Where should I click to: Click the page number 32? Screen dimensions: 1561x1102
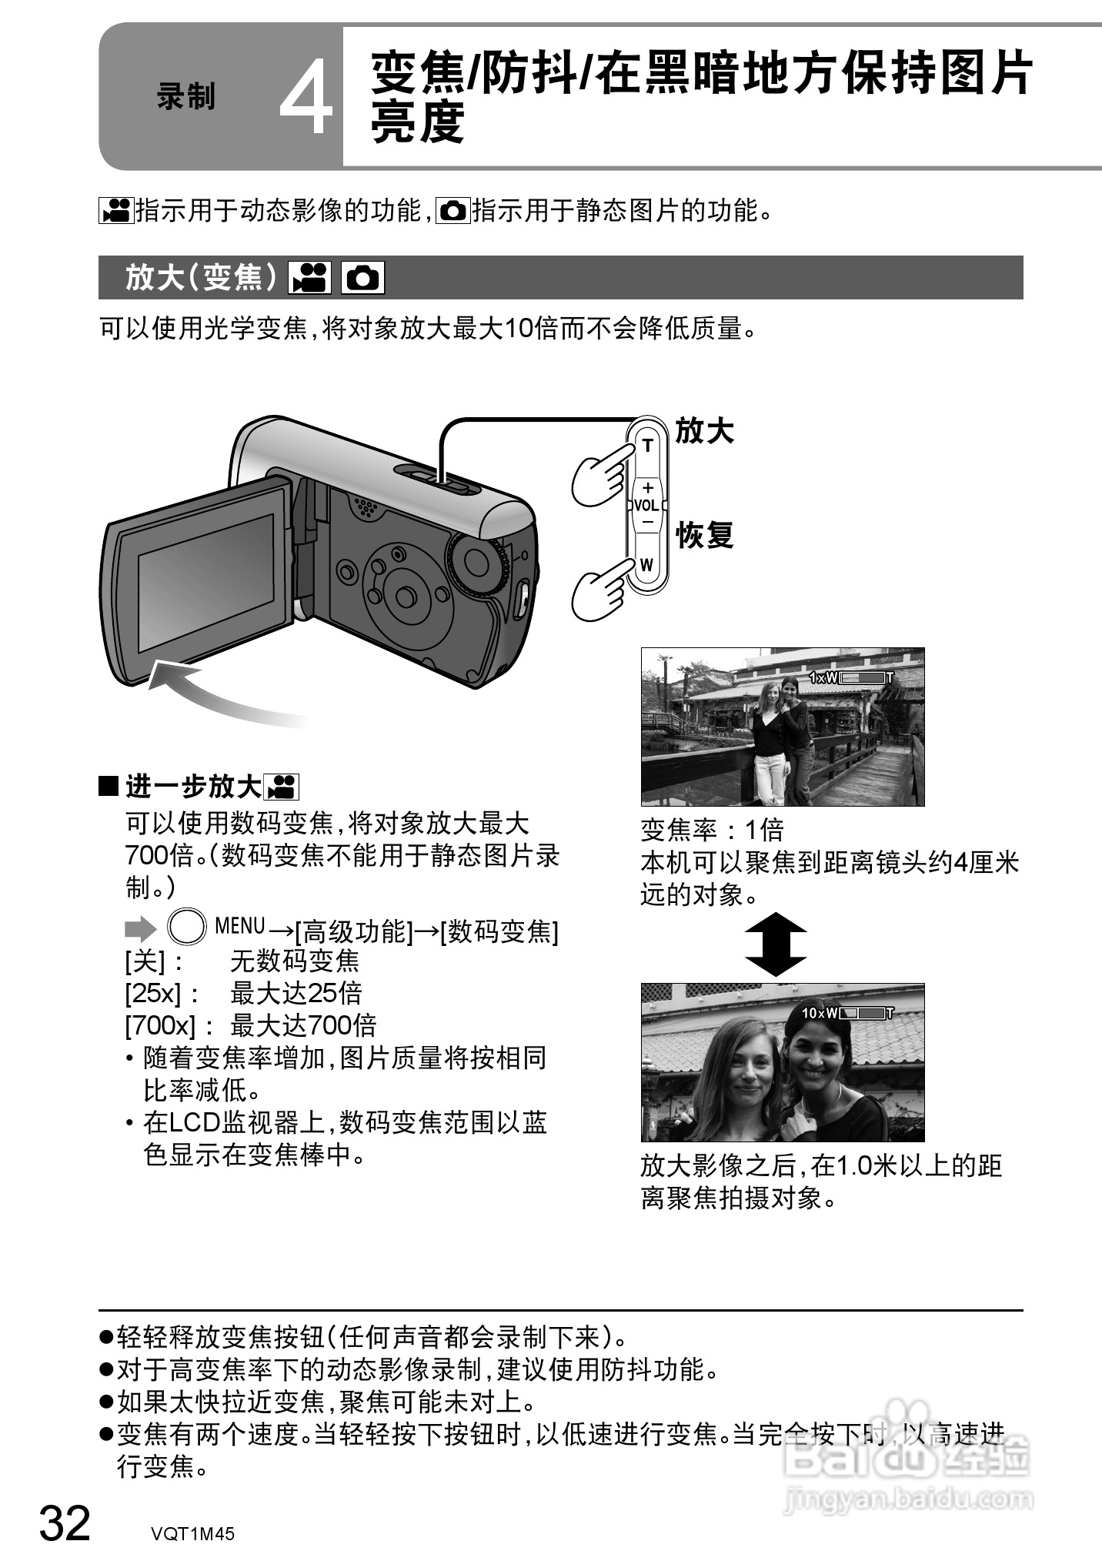[x=65, y=1523]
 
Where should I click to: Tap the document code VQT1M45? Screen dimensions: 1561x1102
[x=192, y=1533]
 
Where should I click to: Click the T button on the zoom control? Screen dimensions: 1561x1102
[x=647, y=446]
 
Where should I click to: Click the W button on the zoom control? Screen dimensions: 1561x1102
[x=646, y=565]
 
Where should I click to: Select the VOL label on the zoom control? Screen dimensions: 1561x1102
[x=646, y=506]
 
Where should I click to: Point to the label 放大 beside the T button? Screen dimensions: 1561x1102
[x=704, y=431]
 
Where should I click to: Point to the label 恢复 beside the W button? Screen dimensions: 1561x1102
[x=704, y=535]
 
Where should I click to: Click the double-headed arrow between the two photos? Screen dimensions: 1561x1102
[x=776, y=944]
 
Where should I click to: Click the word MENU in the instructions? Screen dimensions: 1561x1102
[x=240, y=926]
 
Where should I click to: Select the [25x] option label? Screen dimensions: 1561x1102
[x=152, y=994]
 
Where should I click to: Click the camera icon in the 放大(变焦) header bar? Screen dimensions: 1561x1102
[x=362, y=278]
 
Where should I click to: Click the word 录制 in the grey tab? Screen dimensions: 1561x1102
[x=185, y=97]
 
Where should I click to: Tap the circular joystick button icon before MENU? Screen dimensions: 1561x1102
[x=187, y=927]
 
